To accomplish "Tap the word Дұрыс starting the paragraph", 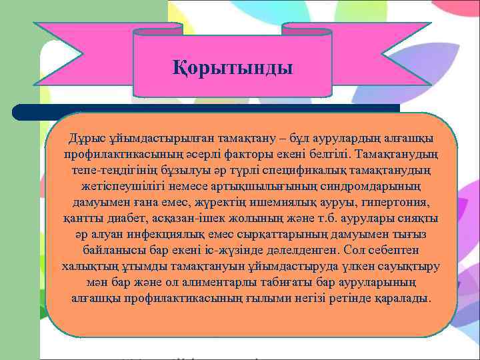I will (86, 138).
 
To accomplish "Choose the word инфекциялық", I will (176, 234).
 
